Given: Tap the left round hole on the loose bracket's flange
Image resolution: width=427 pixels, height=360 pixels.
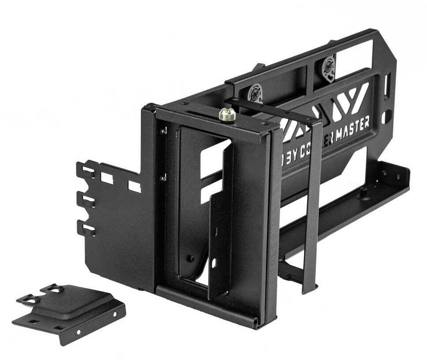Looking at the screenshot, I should (78, 331).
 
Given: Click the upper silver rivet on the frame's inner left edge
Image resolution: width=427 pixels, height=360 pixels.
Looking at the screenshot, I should (164, 131).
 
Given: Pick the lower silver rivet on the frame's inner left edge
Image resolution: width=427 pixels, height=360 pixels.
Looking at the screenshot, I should (164, 178).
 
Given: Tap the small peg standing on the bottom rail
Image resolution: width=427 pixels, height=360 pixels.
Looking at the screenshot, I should (363, 191).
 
